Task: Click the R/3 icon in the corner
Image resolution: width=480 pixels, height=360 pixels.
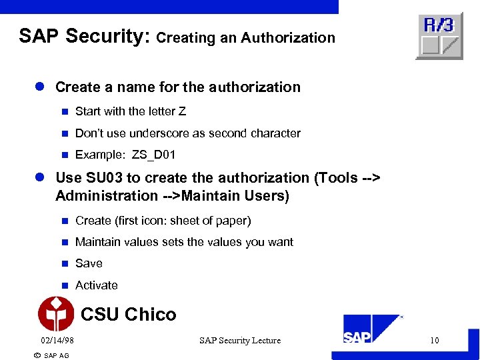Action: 439,35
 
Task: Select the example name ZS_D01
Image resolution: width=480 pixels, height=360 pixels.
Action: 154,155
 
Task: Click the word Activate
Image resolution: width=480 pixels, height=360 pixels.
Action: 97,285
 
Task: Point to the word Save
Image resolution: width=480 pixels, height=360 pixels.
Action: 89,263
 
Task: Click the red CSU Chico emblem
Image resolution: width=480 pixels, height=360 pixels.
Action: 56,313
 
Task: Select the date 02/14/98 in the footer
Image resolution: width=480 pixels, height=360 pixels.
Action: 57,341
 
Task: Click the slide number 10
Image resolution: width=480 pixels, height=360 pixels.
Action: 434,341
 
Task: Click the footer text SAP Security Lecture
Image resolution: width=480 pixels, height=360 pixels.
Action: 240,341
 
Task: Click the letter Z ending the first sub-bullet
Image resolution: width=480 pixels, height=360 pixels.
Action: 182,111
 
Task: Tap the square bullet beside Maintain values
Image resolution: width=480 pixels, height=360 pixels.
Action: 65,242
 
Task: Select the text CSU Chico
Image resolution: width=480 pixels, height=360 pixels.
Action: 128,315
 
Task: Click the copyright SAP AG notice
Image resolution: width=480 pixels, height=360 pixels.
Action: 51,355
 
